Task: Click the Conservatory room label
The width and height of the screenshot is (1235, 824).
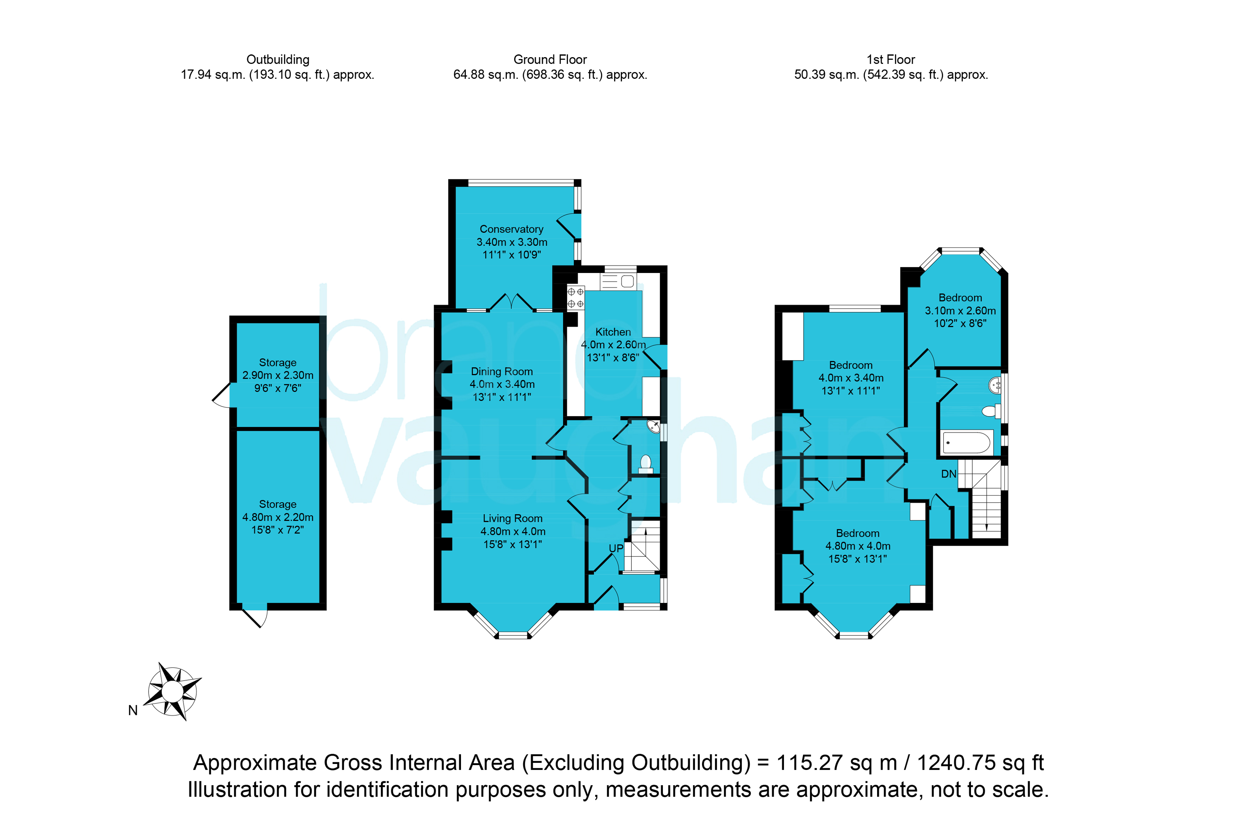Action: point(511,229)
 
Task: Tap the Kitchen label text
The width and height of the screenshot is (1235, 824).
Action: point(613,332)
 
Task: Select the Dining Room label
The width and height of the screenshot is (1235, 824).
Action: point(502,372)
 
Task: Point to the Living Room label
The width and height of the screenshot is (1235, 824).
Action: point(512,519)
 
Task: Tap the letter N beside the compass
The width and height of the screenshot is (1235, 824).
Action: point(133,711)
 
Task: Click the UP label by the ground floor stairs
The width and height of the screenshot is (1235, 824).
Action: point(616,548)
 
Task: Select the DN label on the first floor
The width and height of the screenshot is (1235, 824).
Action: point(948,474)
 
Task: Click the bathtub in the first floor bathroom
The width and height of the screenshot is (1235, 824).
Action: point(967,442)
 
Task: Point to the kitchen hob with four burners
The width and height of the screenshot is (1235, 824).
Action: point(575,297)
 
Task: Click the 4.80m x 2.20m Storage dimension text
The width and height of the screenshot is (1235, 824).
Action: point(278,517)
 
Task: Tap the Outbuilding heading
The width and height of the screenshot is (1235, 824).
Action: point(278,59)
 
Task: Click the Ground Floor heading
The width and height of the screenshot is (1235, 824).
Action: point(550,59)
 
